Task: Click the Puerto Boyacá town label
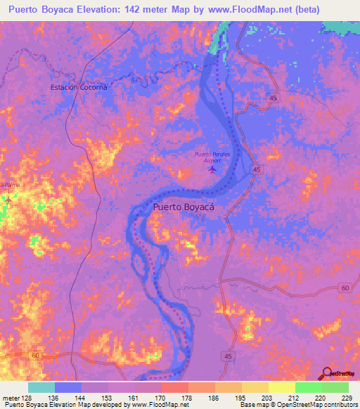coord(184,208)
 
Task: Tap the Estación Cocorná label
coord(79,87)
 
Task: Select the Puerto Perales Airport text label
coord(212,157)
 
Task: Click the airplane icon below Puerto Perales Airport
coord(213,169)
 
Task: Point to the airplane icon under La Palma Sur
coord(8,200)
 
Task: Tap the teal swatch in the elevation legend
coord(41,387)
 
